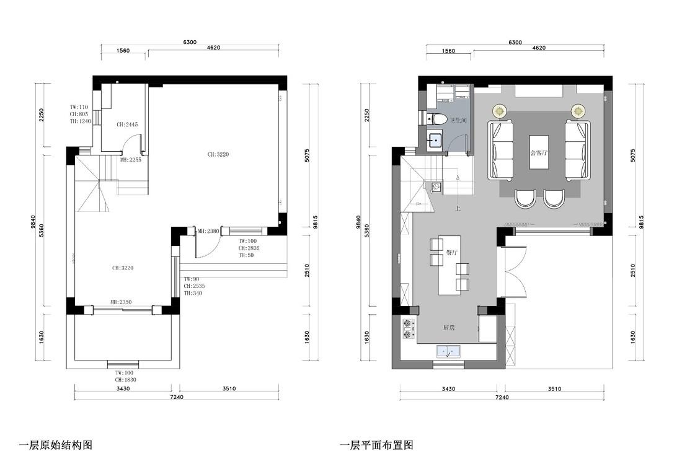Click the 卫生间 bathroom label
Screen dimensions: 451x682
point(458,120)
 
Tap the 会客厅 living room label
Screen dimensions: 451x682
point(539,152)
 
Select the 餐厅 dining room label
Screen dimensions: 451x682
point(451,252)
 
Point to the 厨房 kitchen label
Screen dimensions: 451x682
point(450,328)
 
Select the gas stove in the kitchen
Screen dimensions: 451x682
point(408,329)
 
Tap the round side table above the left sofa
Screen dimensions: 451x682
point(500,111)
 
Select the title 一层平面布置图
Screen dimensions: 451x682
point(376,444)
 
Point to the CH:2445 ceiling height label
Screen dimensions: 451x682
point(127,125)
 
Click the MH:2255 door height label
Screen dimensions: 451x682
point(131,159)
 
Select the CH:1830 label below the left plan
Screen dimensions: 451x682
point(125,379)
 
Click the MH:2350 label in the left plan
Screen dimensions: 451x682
point(121,302)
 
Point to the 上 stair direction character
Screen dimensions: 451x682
point(458,209)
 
